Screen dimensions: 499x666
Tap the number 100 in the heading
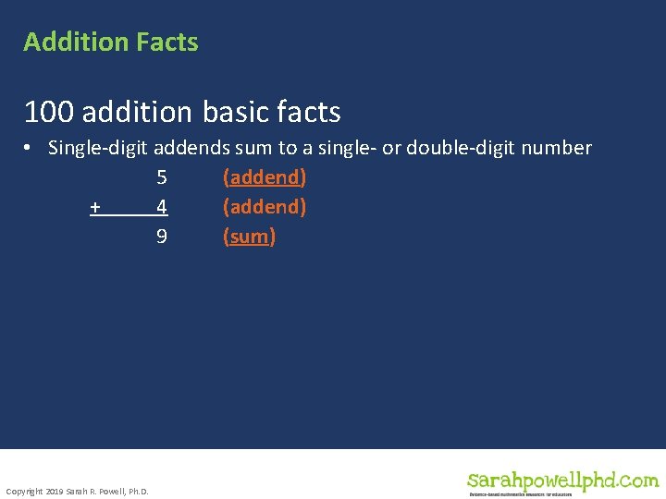50,113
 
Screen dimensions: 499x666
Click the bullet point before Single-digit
31,148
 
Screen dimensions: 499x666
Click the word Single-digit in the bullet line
99,148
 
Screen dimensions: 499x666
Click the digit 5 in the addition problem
162,177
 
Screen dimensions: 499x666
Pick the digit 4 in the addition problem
162,207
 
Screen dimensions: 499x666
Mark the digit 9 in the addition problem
162,237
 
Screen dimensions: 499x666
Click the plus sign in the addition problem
95,207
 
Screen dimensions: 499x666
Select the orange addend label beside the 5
265,177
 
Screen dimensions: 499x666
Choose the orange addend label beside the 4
265,207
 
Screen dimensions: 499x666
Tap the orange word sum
250,237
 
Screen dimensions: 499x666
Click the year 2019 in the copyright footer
53,491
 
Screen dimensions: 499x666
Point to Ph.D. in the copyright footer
137,491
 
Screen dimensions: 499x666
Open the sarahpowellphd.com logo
562,481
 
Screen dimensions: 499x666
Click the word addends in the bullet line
189,148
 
